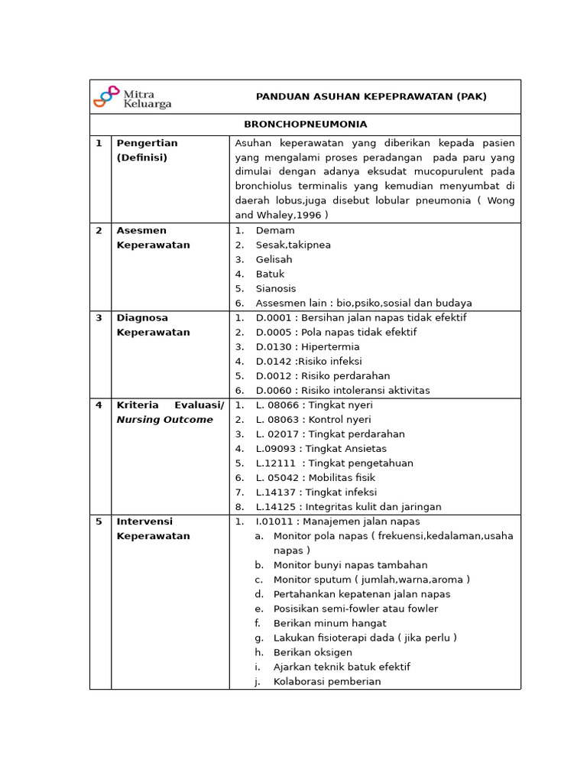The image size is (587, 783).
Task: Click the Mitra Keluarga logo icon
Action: (106, 96)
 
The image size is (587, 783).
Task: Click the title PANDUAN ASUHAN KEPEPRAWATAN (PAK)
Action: (371, 96)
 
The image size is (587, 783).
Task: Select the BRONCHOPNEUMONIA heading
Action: (305, 124)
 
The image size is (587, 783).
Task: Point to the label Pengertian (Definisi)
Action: (147, 150)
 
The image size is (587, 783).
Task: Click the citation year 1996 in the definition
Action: (310, 216)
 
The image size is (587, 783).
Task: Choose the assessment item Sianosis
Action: (275, 288)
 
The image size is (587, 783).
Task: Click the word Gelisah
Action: (274, 259)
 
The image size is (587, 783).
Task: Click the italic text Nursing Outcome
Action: (164, 420)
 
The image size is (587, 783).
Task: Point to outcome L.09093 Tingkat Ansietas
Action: (321, 449)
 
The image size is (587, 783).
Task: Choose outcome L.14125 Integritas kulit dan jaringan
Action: (349, 507)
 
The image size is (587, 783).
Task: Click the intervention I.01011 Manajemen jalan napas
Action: (338, 521)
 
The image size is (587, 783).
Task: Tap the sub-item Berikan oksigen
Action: (313, 652)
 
